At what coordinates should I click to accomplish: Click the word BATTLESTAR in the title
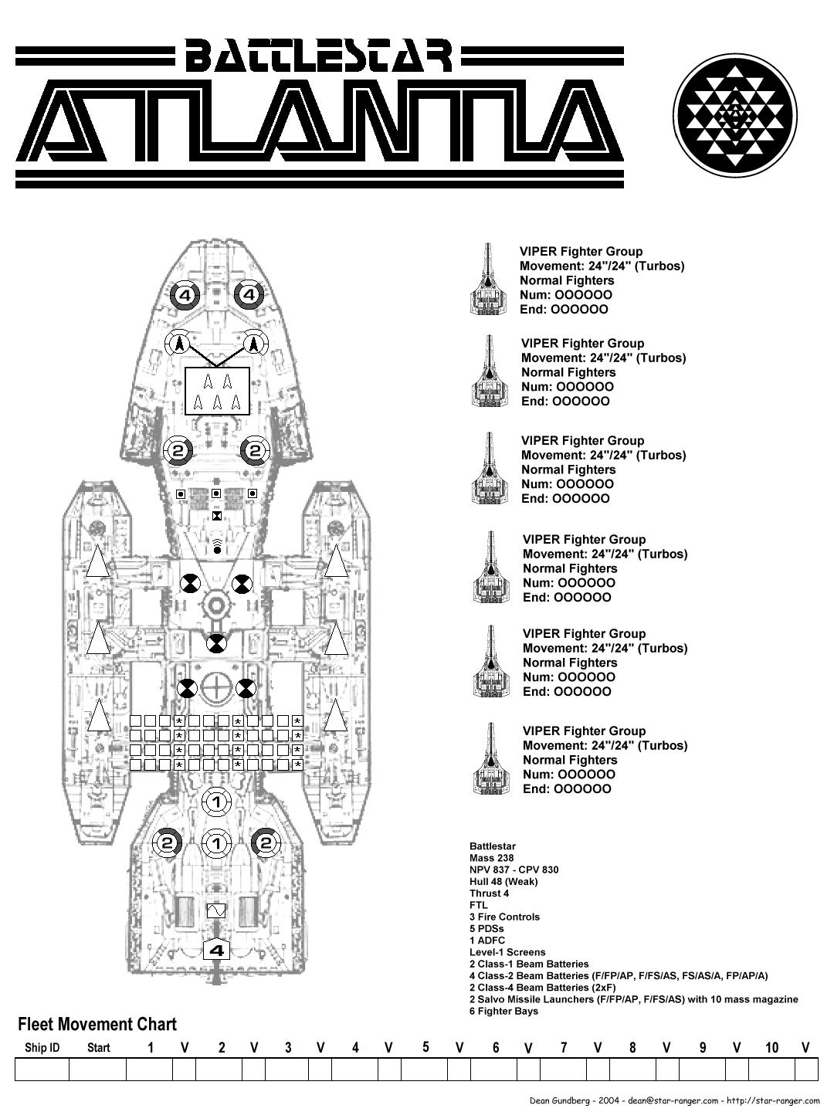(x=318, y=55)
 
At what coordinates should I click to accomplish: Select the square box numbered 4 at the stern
(x=217, y=951)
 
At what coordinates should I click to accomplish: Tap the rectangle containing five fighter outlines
(x=217, y=392)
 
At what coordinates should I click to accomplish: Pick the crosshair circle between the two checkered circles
(x=217, y=687)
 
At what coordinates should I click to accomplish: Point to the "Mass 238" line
(x=491, y=858)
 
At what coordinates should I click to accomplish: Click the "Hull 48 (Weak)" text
(x=503, y=882)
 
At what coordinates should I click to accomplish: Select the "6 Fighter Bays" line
(x=503, y=1011)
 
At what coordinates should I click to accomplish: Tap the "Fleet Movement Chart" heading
(x=97, y=1025)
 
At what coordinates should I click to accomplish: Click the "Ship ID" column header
(x=42, y=1048)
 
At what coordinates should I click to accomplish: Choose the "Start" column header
(x=98, y=1048)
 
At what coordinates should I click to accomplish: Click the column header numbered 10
(x=771, y=1048)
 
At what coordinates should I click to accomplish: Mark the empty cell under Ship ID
(x=42, y=1069)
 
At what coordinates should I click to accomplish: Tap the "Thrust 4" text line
(x=489, y=893)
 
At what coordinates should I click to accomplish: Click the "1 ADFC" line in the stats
(x=486, y=941)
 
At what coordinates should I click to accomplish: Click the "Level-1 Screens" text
(x=507, y=952)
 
